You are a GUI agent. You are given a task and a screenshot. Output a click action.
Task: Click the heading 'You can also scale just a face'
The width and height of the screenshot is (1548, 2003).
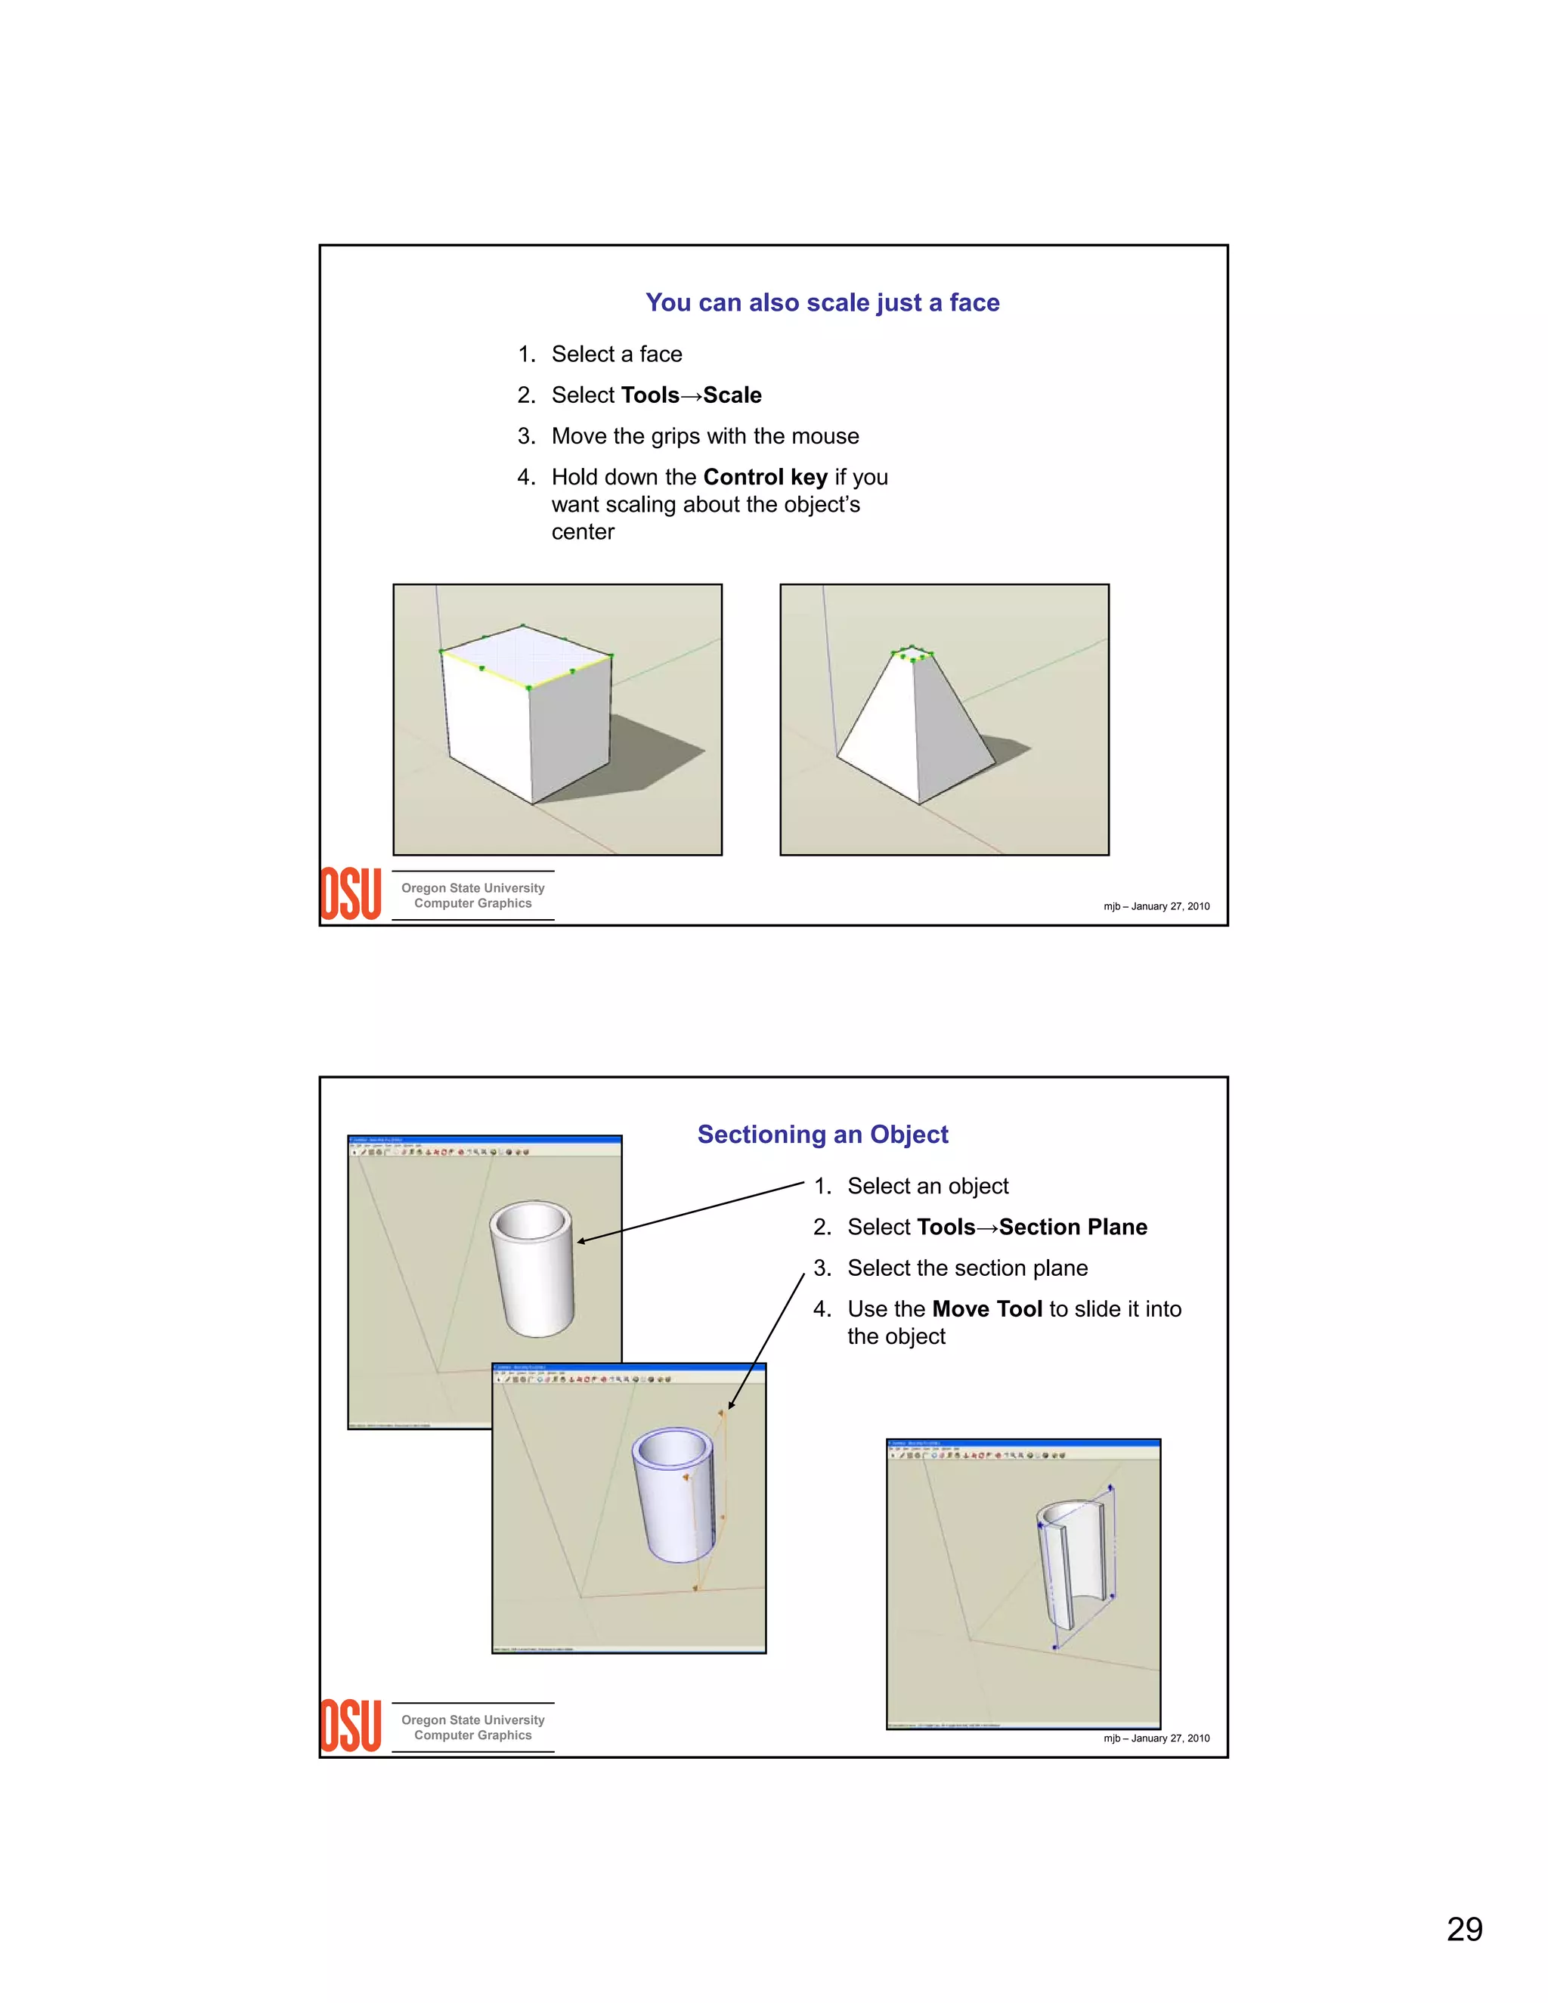[822, 302]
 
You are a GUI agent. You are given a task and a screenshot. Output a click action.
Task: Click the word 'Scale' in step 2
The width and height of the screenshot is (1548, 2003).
[732, 395]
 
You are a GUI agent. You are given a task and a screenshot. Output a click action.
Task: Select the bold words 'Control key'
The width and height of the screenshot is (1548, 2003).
[765, 477]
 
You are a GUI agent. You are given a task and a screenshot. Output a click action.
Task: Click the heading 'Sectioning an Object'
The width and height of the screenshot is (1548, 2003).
[822, 1135]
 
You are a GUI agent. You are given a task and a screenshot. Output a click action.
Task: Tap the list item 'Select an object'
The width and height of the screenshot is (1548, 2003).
[927, 1186]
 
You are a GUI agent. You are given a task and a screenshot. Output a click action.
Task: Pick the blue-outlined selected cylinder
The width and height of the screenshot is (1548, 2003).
[674, 1495]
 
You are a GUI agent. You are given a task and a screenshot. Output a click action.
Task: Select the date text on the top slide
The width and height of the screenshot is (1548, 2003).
[1156, 906]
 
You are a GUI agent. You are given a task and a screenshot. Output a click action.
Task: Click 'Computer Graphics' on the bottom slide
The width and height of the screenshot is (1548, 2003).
[472, 1735]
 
